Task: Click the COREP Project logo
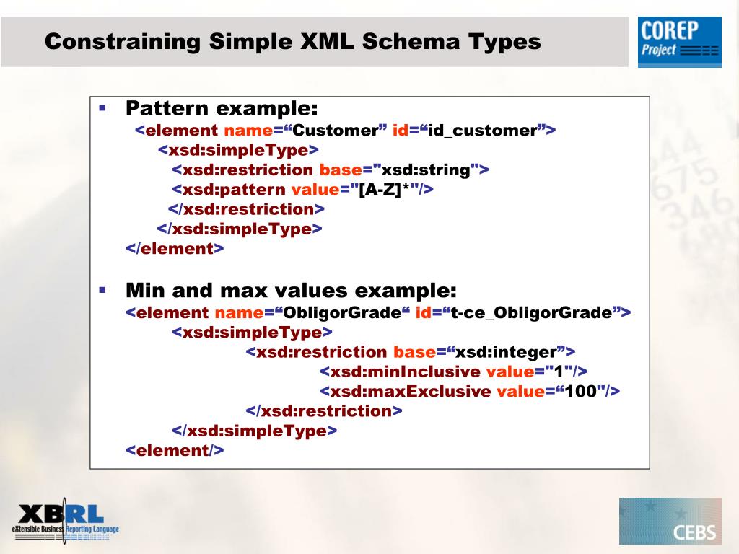[679, 42]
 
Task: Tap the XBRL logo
[65, 520]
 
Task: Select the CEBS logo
[670, 521]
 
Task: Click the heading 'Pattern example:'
[222, 109]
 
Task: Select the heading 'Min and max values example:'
[291, 291]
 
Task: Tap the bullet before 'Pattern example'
[102, 108]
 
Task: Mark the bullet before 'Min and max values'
[102, 290]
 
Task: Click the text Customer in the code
[335, 131]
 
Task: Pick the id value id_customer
[482, 131]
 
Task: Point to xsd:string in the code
[426, 170]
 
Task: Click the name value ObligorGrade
[341, 313]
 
